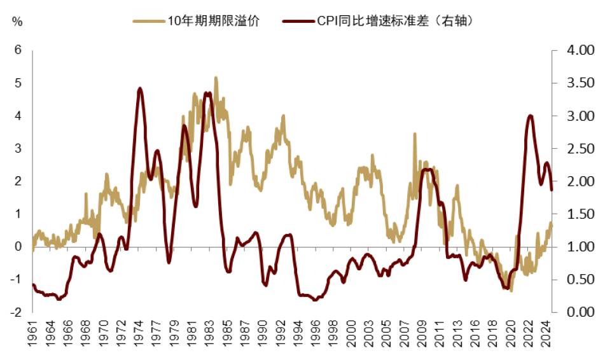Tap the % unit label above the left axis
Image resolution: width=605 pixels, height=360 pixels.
point(17,21)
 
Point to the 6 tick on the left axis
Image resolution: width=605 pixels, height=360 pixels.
point(18,51)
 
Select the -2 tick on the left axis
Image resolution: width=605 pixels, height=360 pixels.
point(17,312)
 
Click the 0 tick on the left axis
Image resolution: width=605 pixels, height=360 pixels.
point(18,247)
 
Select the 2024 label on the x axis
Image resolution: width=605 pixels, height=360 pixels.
point(546,335)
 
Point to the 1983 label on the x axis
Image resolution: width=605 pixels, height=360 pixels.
point(208,335)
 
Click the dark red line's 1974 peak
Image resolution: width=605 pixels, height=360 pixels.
point(140,88)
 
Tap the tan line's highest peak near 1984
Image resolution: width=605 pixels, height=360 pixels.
point(216,78)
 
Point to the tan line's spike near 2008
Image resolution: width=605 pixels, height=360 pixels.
point(415,135)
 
